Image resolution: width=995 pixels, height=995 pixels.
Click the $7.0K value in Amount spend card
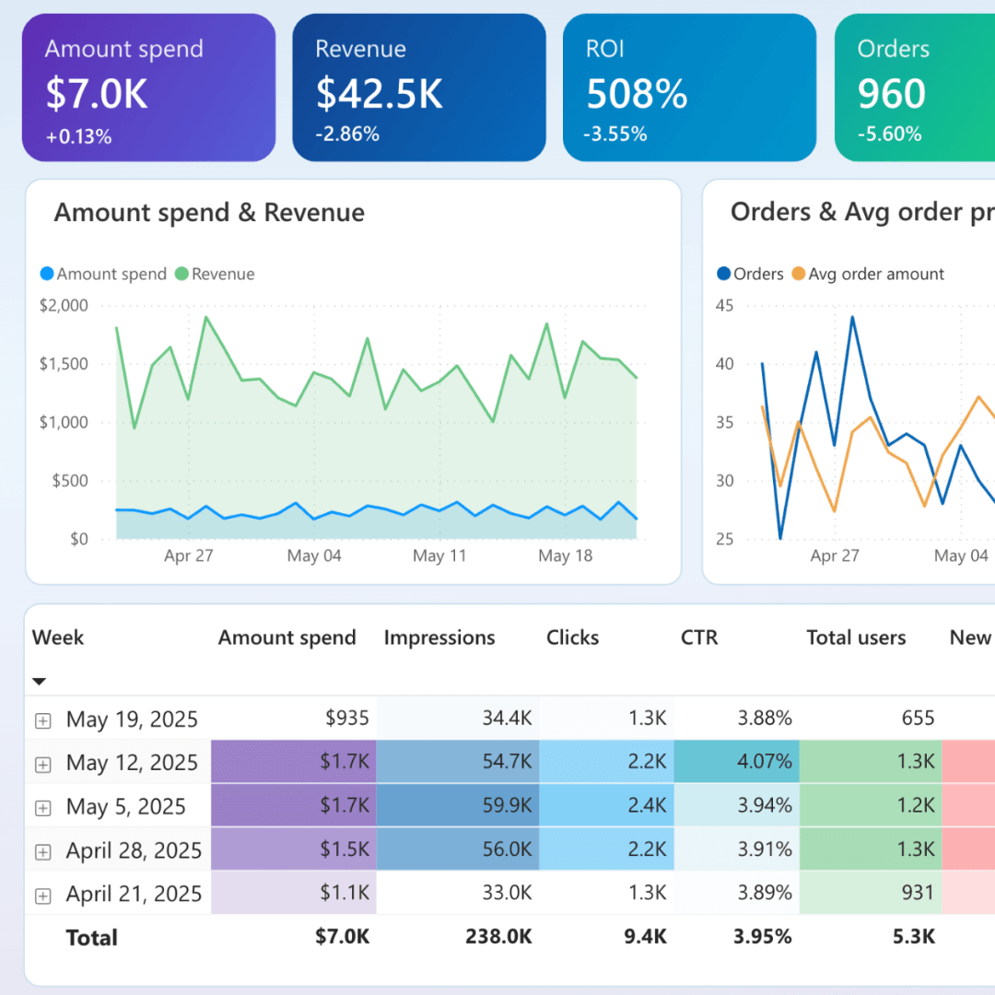tap(97, 94)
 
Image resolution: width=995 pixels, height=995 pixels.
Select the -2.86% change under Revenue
tap(347, 135)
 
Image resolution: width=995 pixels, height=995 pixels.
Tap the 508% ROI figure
tap(637, 94)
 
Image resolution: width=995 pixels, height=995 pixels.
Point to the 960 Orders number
tap(891, 94)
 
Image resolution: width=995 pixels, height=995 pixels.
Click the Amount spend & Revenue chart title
tap(209, 213)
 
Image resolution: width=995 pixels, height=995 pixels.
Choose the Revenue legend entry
tap(222, 274)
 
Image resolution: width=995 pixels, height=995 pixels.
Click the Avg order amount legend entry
tap(875, 274)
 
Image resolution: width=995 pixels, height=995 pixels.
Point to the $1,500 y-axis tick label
tap(64, 364)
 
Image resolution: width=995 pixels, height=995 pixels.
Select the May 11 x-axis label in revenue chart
tap(439, 556)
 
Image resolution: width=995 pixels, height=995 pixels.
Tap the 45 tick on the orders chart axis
tap(724, 306)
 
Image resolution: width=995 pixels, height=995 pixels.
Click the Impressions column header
tap(439, 638)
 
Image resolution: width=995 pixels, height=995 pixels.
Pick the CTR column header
tap(698, 638)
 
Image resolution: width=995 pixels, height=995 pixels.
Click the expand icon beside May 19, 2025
tap(42, 720)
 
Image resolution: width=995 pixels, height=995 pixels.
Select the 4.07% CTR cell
tap(765, 762)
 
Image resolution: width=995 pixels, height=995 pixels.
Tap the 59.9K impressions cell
tap(507, 806)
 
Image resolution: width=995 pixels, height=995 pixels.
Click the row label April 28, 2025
tap(134, 850)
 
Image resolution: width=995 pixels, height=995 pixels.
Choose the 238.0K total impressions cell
tap(498, 937)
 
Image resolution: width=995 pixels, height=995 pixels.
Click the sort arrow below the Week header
tap(39, 682)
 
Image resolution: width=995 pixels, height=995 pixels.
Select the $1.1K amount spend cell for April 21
tap(344, 893)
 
